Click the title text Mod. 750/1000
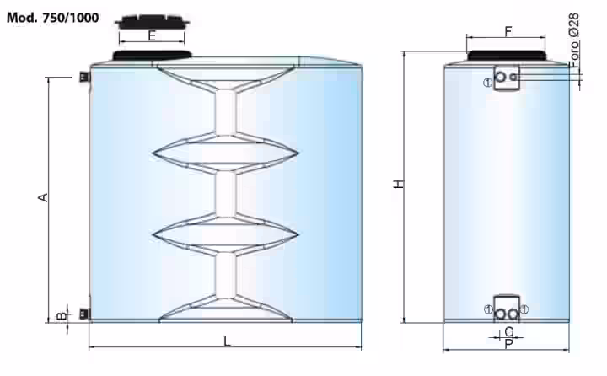[x=52, y=18]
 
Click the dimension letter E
[x=152, y=36]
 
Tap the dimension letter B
[x=62, y=316]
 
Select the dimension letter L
[x=228, y=341]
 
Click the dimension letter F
[x=508, y=31]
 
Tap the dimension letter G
[x=509, y=331]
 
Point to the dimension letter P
[x=509, y=343]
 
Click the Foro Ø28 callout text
[x=574, y=40]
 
